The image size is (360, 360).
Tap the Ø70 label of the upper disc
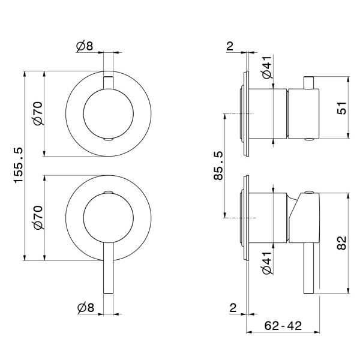tap(37, 113)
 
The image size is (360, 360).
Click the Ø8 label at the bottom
tap(85, 307)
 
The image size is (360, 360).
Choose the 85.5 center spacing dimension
tap(218, 166)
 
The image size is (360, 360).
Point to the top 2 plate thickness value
tap(230, 46)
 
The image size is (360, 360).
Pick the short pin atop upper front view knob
tap(108, 82)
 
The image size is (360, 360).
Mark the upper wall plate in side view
tap(245, 114)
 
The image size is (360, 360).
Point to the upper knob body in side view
tap(304, 114)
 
